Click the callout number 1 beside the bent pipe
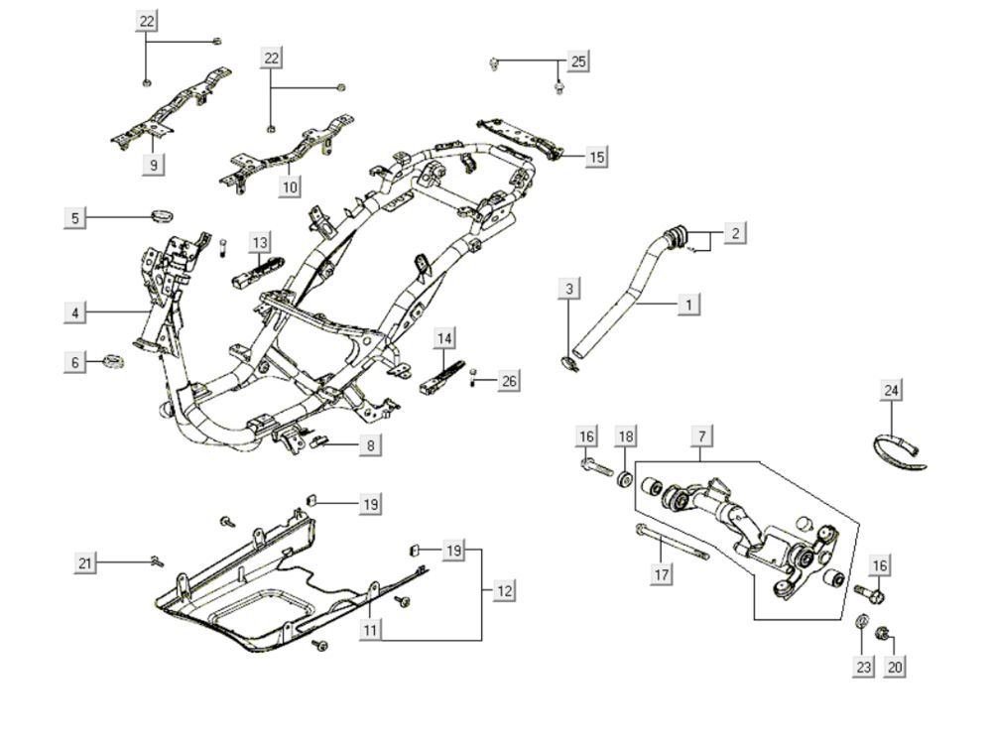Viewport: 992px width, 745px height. click(688, 304)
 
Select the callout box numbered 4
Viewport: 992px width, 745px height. click(75, 312)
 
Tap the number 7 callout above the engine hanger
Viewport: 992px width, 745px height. click(701, 436)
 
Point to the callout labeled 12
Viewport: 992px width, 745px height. click(505, 590)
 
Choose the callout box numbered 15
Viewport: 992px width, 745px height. click(596, 157)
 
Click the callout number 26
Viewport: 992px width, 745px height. click(509, 381)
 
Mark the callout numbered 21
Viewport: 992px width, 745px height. click(86, 563)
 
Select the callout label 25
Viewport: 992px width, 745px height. click(578, 62)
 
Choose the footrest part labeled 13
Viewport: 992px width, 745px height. click(257, 269)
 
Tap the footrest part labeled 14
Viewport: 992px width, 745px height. click(442, 375)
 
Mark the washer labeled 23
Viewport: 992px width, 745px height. click(862, 623)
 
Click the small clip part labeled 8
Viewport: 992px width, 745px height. click(319, 440)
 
